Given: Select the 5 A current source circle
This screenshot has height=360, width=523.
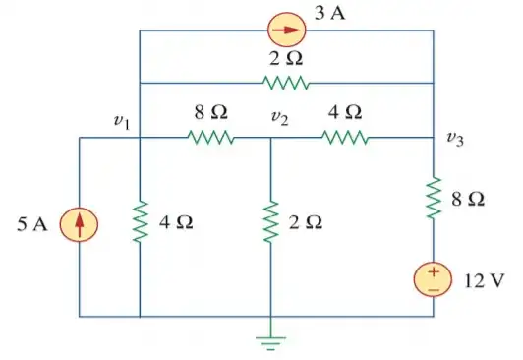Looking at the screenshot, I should click(80, 225).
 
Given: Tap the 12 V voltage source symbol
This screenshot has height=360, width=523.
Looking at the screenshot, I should click(433, 278).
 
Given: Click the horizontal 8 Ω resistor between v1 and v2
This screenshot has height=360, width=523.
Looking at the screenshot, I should click(209, 138).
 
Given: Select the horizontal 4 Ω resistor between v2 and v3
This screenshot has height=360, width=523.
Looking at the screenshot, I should click(345, 138).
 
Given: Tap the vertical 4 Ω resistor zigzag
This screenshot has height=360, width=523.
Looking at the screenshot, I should click(140, 223).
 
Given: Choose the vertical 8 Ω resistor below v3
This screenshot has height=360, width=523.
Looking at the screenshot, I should click(433, 199).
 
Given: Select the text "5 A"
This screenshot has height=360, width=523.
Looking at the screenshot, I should click(32, 225).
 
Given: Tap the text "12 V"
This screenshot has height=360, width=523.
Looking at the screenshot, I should click(483, 279).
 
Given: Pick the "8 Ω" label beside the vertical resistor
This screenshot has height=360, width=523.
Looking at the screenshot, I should click(467, 200).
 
